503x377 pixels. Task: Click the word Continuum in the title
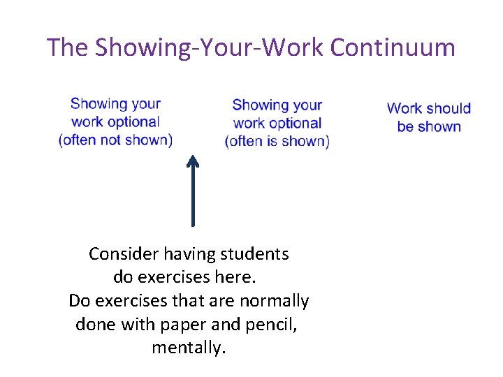pyautogui.click(x=393, y=47)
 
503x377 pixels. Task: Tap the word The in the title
pyautogui.click(x=68, y=47)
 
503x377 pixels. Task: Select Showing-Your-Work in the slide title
pyautogui.click(x=210, y=47)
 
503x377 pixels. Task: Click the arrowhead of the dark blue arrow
pyautogui.click(x=193, y=162)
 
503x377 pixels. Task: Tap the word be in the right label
pyautogui.click(x=405, y=126)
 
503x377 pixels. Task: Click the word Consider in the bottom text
pyautogui.click(x=117, y=253)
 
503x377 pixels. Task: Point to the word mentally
pyautogui.click(x=189, y=348)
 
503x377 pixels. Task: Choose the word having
pyautogui.click(x=178, y=253)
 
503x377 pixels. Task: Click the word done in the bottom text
pyautogui.click(x=94, y=325)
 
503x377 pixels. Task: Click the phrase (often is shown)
pyautogui.click(x=277, y=141)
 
